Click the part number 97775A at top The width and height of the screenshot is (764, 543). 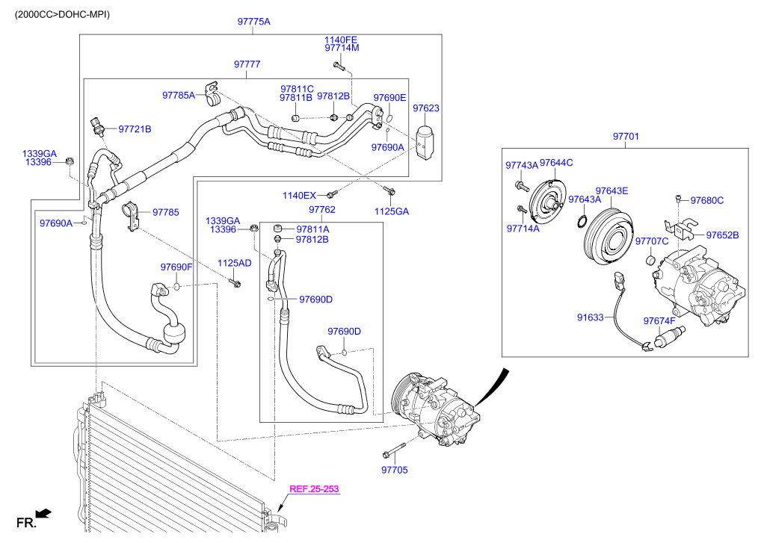pyautogui.click(x=253, y=22)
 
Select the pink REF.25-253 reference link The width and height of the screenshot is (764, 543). pyautogui.click(x=314, y=489)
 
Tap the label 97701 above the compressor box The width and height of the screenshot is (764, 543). pyautogui.click(x=626, y=137)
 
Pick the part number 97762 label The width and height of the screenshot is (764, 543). pyautogui.click(x=321, y=210)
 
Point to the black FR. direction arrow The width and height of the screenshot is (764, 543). pyautogui.click(x=43, y=513)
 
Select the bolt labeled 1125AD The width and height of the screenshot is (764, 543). pyautogui.click(x=237, y=283)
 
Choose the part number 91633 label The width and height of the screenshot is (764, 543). pyautogui.click(x=591, y=317)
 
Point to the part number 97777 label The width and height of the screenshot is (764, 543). pyautogui.click(x=247, y=65)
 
